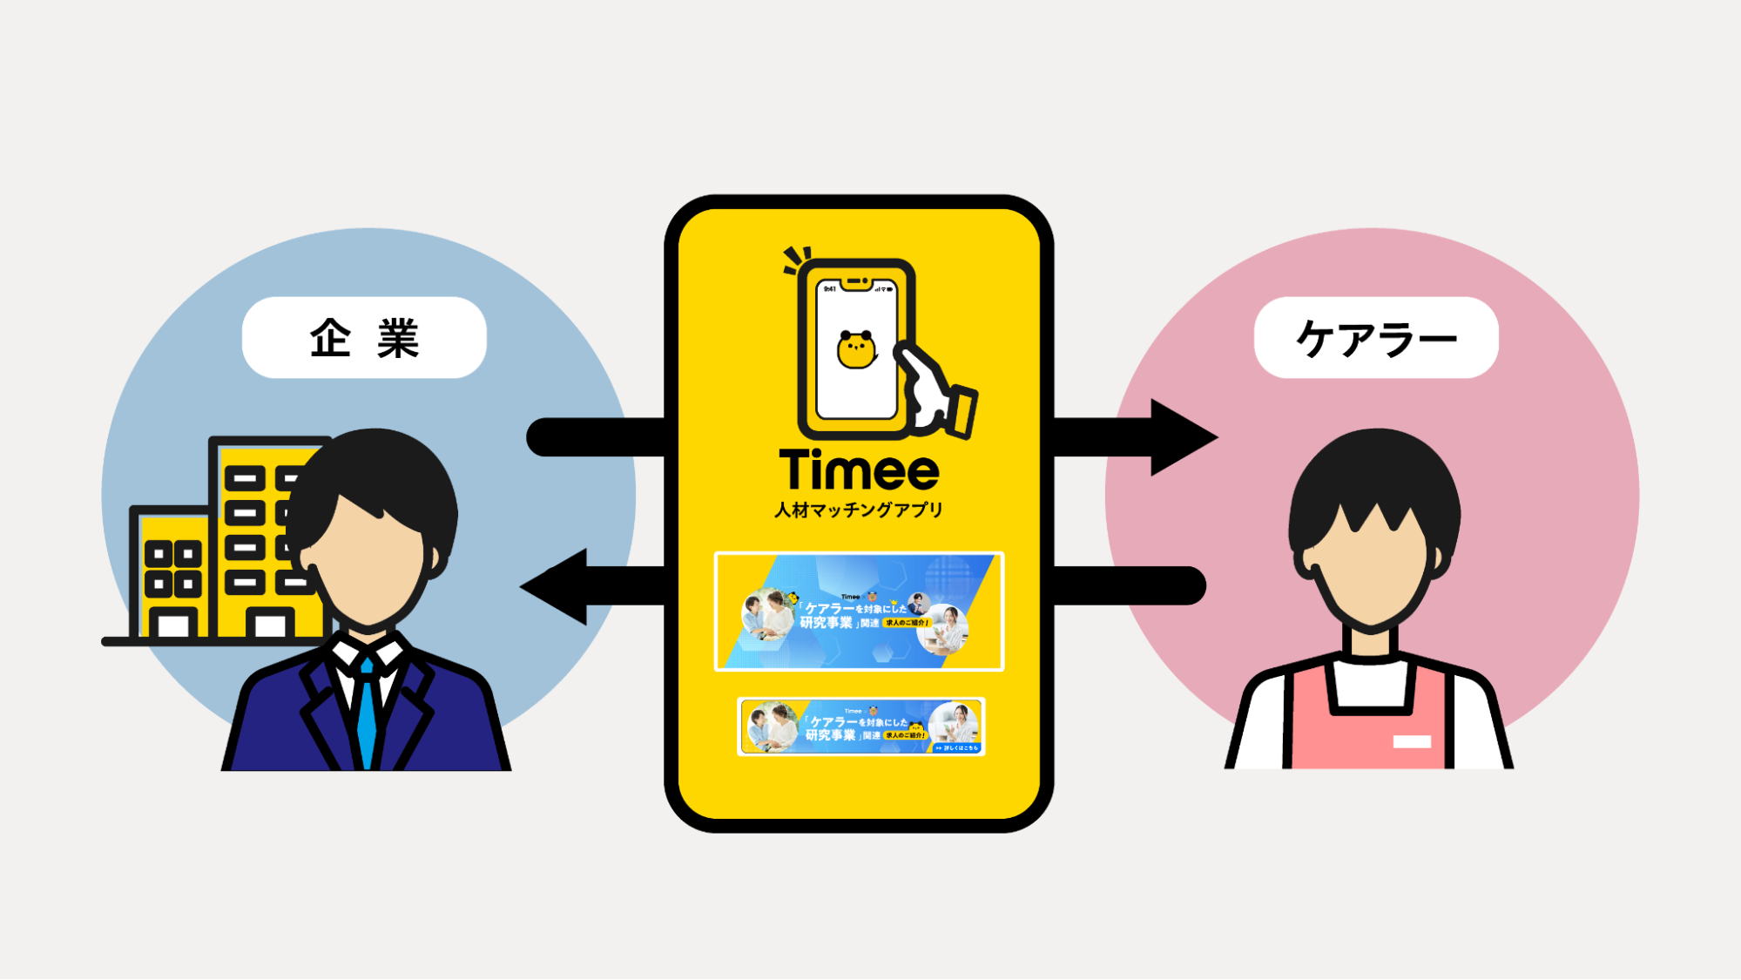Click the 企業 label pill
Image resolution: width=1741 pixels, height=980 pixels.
tap(364, 338)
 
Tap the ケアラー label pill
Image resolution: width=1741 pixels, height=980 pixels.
tap(1376, 338)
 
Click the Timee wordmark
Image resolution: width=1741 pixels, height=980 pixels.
tap(859, 471)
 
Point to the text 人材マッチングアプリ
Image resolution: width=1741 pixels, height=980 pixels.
tap(859, 510)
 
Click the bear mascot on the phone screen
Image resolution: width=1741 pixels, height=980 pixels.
tap(856, 350)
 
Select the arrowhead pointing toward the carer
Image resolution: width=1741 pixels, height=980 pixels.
tap(1182, 437)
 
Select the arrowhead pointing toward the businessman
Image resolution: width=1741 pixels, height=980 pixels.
tap(555, 586)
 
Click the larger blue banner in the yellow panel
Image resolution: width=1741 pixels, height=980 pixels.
tap(859, 612)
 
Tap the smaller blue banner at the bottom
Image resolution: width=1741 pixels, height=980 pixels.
tap(860, 727)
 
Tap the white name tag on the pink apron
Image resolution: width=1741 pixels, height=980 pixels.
tap(1412, 742)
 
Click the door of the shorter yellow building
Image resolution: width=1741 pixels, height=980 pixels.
tap(173, 625)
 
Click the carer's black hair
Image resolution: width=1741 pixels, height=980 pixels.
tap(1374, 479)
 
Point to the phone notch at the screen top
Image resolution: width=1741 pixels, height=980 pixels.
tap(856, 282)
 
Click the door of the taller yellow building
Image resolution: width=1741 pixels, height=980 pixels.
tap(269, 625)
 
